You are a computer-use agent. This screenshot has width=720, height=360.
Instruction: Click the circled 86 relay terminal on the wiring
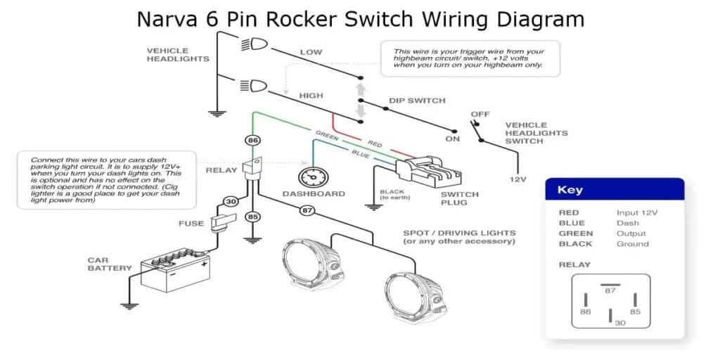[253, 141]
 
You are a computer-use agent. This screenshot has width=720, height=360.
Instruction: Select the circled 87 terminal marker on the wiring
[307, 210]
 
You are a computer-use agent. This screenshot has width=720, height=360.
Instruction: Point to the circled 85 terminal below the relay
[253, 217]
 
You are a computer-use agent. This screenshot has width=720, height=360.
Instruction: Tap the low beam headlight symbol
[255, 45]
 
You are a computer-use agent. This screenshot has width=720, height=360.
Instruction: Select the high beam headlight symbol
[255, 87]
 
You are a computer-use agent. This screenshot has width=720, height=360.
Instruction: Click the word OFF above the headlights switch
[480, 114]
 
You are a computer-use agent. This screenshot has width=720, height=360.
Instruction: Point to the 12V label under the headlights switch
[517, 179]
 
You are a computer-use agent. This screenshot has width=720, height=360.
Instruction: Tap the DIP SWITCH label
[417, 101]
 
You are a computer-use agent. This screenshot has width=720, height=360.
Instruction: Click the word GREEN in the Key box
[575, 233]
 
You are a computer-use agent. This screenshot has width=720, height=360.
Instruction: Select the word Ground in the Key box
[632, 244]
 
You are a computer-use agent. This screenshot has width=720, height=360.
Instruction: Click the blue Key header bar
[614, 190]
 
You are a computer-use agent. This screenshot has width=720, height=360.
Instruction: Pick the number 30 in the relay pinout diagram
[619, 323]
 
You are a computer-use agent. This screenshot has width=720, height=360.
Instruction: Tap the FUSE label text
[191, 224]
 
